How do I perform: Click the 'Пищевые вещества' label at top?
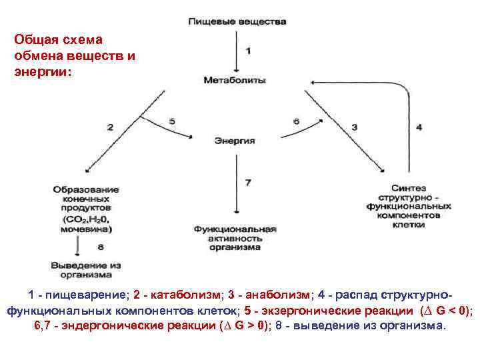[x=237, y=21]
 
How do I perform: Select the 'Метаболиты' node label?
[x=235, y=80]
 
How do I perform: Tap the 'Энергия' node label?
[x=235, y=141]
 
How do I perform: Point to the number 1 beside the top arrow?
[x=248, y=51]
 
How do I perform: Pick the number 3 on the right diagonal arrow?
[x=354, y=127]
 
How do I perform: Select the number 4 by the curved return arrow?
[x=419, y=127]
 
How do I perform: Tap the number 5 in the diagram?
[x=172, y=121]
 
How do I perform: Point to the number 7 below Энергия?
[x=248, y=182]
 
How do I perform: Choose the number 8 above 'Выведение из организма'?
[x=101, y=247]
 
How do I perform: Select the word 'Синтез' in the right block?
[x=409, y=189]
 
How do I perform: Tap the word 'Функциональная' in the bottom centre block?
[x=235, y=229]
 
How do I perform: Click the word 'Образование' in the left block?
[x=86, y=190]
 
